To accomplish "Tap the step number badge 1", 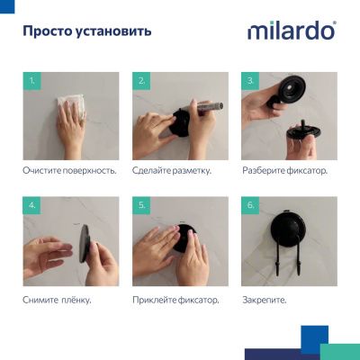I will [x=32, y=81].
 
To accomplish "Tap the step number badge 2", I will [x=141, y=81].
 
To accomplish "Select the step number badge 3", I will [x=250, y=81].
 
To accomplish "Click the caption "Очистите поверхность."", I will [x=69, y=170].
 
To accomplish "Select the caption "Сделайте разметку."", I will [x=171, y=170].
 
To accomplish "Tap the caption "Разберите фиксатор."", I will [x=284, y=170].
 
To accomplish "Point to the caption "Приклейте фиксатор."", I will [x=175, y=298].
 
